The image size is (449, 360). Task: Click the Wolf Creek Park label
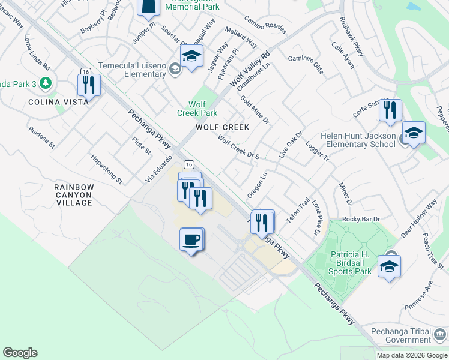point(197,109)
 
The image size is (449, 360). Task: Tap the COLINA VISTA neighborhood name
point(58,102)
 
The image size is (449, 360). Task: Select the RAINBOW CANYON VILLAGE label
point(74,195)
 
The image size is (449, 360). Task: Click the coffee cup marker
point(191,239)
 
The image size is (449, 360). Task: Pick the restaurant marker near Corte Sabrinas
point(390,110)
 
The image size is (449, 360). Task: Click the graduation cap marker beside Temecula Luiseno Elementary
point(191,58)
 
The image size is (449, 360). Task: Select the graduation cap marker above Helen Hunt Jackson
point(413,133)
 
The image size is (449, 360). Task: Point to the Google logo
point(20,353)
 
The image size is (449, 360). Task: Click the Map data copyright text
point(411,355)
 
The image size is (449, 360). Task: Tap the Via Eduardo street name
point(158,169)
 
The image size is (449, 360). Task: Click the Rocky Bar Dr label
point(361,219)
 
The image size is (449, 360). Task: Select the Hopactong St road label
point(106,170)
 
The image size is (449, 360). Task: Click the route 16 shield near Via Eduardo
point(189,164)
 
